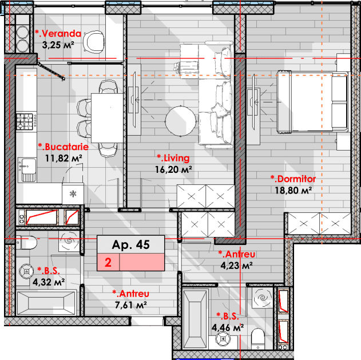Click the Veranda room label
58,34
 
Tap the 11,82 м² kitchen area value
64,158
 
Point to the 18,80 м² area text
293,191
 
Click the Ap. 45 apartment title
131,244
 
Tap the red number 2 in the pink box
108,263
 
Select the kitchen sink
27,170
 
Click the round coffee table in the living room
181,121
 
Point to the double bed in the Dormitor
312,102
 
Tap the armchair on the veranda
94,42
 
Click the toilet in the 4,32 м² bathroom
26,242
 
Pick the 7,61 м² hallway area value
130,305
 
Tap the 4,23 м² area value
236,266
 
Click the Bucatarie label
64,147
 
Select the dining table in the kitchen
107,118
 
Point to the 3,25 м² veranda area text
58,45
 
